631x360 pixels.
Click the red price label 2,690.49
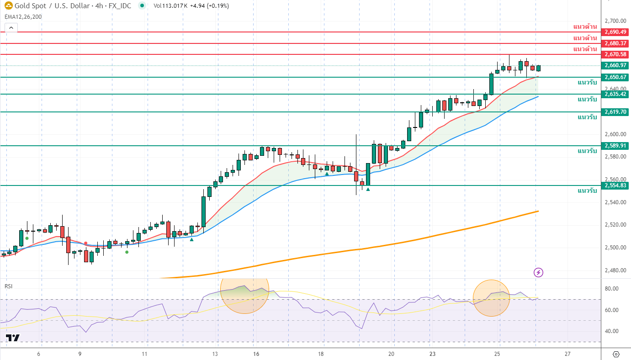tap(615, 32)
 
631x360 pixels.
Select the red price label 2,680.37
tap(615, 43)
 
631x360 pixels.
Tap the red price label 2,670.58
tap(615, 54)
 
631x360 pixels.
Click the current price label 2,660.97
tap(615, 65)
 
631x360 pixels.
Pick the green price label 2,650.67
tap(615, 77)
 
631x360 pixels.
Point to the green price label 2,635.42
tap(615, 94)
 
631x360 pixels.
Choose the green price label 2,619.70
tap(615, 112)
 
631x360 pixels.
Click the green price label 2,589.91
tap(615, 146)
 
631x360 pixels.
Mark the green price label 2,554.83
tap(615, 185)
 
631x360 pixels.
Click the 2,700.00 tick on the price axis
tap(615, 21)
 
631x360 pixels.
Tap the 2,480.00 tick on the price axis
tap(615, 270)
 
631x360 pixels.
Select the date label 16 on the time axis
tap(256, 354)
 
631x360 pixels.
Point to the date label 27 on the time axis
tap(567, 354)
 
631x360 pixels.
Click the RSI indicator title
tap(9, 286)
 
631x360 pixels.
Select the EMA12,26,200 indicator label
tap(23, 16)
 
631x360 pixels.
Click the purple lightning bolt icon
tap(538, 273)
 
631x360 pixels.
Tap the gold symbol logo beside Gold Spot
tap(8, 6)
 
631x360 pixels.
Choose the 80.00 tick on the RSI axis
tap(611, 289)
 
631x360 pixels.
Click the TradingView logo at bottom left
tap(12, 338)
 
